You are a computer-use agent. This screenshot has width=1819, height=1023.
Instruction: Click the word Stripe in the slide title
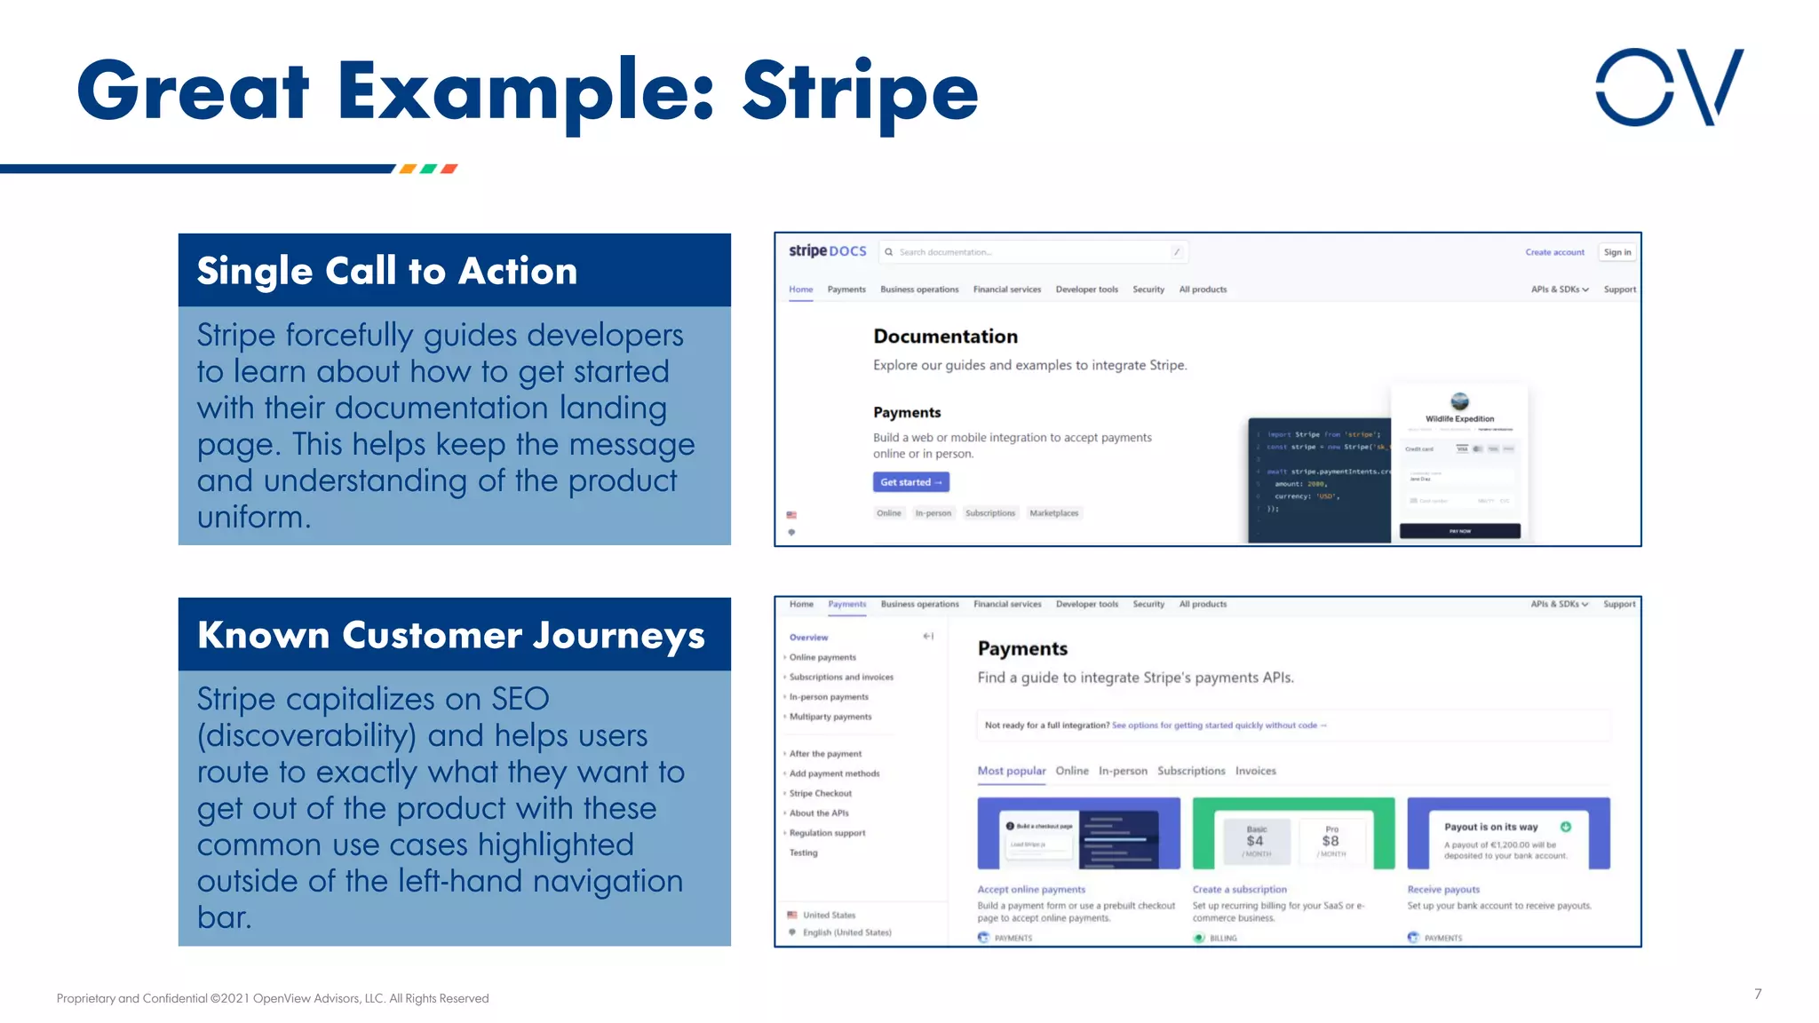tap(859, 91)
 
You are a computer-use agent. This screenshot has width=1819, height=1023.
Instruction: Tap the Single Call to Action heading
tap(387, 271)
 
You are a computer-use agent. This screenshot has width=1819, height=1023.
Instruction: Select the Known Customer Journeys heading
tap(451, 635)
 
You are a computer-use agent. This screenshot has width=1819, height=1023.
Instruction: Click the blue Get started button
tap(910, 482)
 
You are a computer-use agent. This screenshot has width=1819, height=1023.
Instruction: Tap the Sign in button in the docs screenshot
tap(1616, 252)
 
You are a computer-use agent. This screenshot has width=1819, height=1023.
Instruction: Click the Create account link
tap(1554, 252)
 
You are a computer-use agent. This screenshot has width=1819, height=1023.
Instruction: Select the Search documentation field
tap(1030, 252)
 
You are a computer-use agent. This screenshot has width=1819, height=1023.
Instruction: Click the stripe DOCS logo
tap(827, 251)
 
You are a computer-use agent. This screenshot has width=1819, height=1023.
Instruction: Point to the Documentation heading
tap(945, 337)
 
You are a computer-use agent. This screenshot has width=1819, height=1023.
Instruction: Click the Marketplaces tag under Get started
tap(1053, 513)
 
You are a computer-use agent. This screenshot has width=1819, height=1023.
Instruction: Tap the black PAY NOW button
tap(1459, 531)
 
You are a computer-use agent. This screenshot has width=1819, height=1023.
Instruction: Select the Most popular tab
tap(1011, 771)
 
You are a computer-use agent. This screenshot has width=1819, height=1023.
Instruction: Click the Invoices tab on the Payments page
tap(1255, 771)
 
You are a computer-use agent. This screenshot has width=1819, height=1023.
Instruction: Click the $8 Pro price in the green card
tap(1330, 841)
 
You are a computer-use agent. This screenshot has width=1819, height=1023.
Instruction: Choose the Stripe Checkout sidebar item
tap(820, 793)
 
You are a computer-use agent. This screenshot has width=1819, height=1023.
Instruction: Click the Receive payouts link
tap(1443, 889)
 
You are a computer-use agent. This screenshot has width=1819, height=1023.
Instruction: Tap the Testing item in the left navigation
tap(803, 852)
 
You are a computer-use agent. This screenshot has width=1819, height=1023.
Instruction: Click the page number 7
tap(1758, 994)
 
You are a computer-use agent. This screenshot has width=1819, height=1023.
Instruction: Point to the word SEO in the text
tap(520, 699)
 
